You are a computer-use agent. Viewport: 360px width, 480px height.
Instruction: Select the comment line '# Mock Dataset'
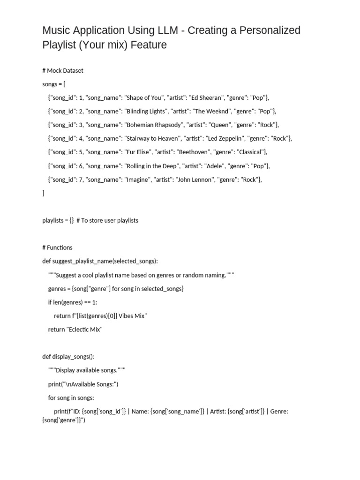click(63, 70)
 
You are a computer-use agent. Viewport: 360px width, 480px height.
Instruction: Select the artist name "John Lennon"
click(193, 180)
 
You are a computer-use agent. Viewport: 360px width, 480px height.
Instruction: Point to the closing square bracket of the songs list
click(43, 193)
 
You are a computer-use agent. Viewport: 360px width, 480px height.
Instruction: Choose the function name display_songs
click(70, 357)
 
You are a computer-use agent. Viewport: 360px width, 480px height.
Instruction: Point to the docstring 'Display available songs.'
click(87, 370)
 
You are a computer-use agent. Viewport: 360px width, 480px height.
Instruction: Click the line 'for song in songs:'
click(71, 397)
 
